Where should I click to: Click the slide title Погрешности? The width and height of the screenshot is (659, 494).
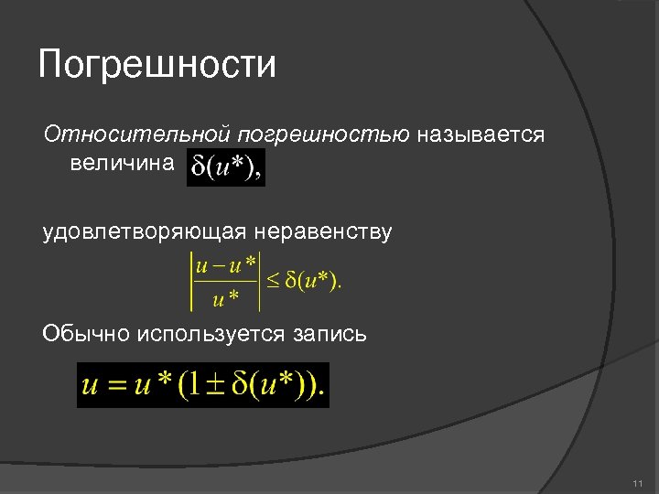tap(157, 66)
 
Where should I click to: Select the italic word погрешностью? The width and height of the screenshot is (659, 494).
tap(324, 135)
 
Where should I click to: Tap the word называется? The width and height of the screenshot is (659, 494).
tap(481, 135)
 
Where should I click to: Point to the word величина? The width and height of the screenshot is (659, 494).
tap(120, 164)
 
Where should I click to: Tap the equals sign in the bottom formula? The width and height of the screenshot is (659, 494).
tap(116, 384)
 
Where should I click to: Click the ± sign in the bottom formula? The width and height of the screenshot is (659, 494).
tap(213, 384)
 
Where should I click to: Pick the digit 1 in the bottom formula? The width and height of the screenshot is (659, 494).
tap(195, 384)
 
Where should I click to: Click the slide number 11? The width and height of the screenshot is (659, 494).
tap(638, 483)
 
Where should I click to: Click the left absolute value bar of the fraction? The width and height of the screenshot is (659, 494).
tap(190, 282)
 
